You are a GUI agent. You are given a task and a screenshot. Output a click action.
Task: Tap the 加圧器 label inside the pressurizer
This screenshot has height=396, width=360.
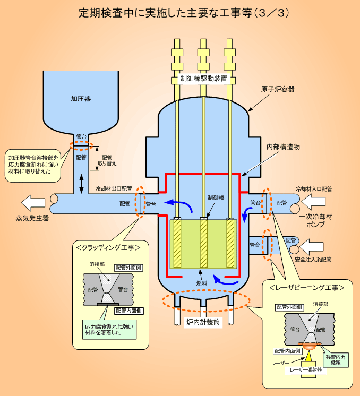point(81,98)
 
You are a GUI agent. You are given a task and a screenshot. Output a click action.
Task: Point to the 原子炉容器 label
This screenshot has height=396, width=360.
point(277,89)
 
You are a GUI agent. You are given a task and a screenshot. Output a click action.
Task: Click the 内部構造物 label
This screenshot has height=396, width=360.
point(284,147)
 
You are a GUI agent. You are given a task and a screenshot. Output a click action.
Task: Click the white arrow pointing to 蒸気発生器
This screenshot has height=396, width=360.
point(33,202)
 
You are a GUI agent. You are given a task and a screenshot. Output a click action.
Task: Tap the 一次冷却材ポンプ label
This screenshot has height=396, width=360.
point(315,220)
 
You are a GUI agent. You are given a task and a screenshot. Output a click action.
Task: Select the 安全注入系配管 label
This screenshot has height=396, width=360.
point(313,260)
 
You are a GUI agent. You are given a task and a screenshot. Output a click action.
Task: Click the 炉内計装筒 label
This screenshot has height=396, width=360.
point(202,322)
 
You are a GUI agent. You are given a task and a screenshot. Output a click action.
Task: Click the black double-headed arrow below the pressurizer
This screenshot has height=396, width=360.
point(81,183)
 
